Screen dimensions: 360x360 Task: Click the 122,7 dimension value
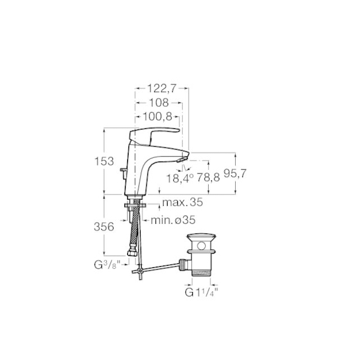point(161,88)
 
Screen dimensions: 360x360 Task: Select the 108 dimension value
point(159,102)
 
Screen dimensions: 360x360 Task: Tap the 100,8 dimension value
point(157,117)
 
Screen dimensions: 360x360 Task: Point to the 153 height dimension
point(104,161)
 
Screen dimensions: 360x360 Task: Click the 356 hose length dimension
point(104,227)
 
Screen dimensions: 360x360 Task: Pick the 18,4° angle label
point(180,178)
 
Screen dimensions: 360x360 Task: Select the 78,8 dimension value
point(209,177)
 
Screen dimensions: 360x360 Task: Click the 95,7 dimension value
point(235,173)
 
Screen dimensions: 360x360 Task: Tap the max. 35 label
point(182,202)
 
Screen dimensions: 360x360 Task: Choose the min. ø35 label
point(173,220)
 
